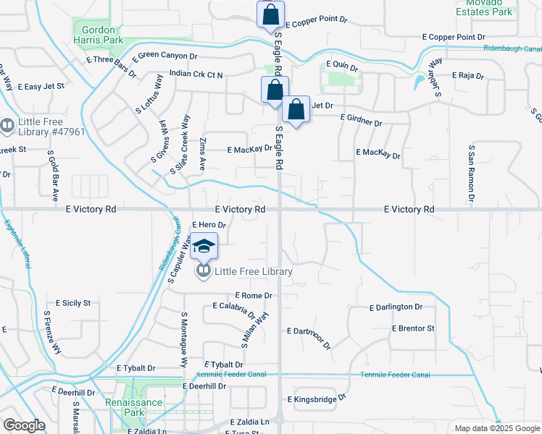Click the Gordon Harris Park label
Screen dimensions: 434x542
pyautogui.click(x=96, y=35)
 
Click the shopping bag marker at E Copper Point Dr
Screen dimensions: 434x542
pyautogui.click(x=270, y=14)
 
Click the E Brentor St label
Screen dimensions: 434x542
pyautogui.click(x=413, y=328)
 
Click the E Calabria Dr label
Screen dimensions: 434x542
pyautogui.click(x=234, y=309)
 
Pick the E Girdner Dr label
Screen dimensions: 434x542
pyautogui.click(x=361, y=119)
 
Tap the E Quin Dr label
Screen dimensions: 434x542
pyautogui.click(x=343, y=64)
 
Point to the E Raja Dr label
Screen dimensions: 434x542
pyautogui.click(x=467, y=75)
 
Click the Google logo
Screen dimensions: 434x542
pyautogui.click(x=24, y=425)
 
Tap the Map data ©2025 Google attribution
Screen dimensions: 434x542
pyautogui.click(x=496, y=428)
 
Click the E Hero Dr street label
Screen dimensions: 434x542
pyautogui.click(x=209, y=225)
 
